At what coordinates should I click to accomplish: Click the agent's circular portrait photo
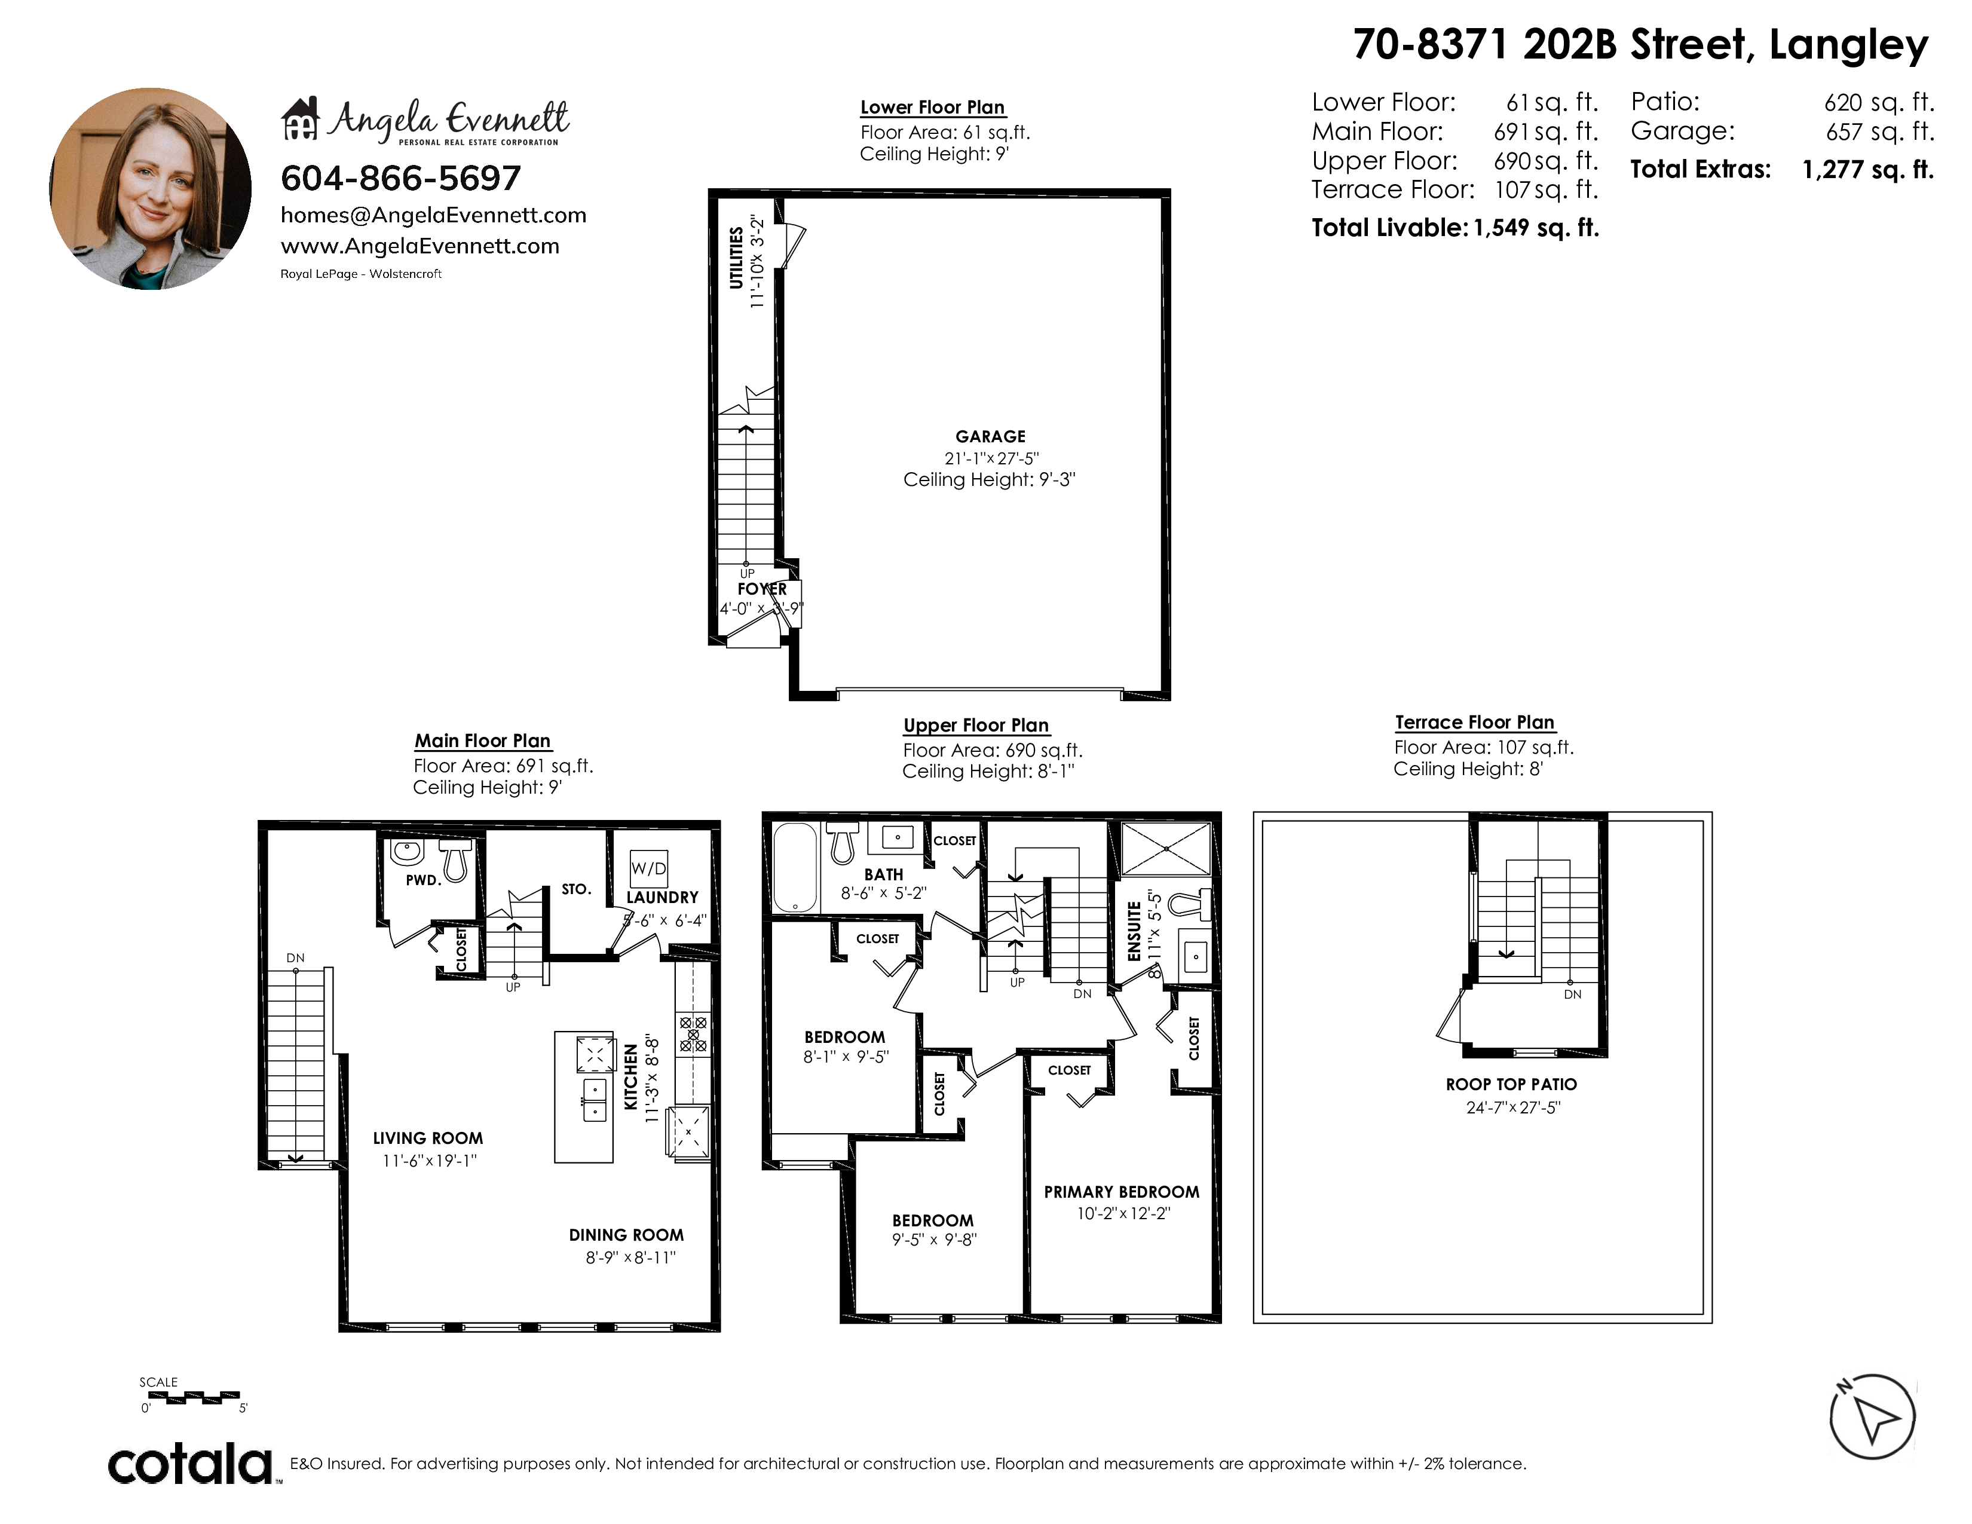[x=151, y=189]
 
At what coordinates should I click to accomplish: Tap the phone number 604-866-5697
[x=401, y=179]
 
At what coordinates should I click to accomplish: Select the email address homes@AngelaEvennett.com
[x=433, y=215]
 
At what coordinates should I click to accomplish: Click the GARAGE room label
[x=991, y=436]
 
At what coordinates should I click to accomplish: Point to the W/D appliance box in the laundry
[x=648, y=868]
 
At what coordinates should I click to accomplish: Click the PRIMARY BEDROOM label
[x=1122, y=1192]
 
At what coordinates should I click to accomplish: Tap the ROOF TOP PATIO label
[x=1511, y=1084]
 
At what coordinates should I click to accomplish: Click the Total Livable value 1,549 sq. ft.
[x=1536, y=228]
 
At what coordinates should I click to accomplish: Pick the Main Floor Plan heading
[x=483, y=741]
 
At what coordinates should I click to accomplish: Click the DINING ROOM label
[x=626, y=1235]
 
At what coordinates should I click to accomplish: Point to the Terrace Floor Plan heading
[x=1474, y=723]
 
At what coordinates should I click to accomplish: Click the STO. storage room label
[x=576, y=889]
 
